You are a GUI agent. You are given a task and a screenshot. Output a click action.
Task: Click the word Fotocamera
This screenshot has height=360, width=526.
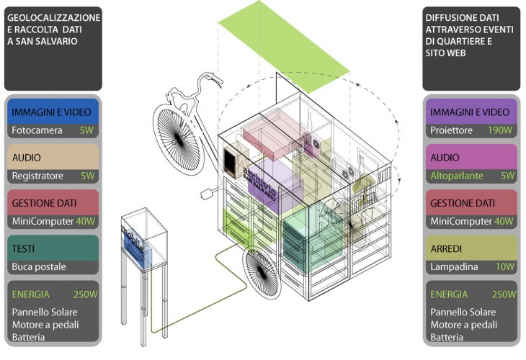coord(37,130)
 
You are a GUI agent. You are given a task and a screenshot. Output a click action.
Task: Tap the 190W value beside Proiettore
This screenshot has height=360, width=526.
coord(500,130)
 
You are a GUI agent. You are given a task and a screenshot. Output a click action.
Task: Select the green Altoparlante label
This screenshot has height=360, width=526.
coord(457,176)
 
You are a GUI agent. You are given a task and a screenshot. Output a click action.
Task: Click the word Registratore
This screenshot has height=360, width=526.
coord(37,176)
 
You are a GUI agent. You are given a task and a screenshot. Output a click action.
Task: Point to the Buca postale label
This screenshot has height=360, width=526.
coord(39,267)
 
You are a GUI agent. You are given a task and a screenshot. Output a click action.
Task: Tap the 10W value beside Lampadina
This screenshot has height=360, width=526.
coord(505,267)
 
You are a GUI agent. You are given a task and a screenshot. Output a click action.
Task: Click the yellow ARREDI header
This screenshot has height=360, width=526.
coord(471,248)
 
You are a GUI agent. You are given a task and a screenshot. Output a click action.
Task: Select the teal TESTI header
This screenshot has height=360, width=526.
coord(53,248)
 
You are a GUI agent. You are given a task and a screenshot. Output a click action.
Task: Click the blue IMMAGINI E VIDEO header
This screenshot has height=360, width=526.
coord(53,112)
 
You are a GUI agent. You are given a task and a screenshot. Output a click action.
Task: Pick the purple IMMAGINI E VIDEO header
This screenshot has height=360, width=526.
coord(471,112)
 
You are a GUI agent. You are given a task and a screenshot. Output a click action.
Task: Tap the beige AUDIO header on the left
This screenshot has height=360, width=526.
coord(53,157)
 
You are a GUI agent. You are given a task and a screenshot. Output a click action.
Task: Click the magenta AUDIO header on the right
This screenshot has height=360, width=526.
coord(471,157)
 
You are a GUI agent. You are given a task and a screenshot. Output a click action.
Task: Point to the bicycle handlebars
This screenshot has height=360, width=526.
coord(210,78)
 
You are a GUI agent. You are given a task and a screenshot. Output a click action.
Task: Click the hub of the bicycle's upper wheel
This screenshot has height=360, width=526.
coord(177,139)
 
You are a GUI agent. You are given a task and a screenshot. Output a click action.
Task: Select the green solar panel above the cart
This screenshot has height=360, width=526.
coord(284,47)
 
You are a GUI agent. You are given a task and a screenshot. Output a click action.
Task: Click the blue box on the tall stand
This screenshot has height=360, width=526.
coord(138,248)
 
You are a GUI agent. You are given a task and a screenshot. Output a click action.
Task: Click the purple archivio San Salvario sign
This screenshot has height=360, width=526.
coord(261,184)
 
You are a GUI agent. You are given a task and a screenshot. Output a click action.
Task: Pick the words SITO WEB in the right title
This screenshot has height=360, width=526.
coord(445,53)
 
